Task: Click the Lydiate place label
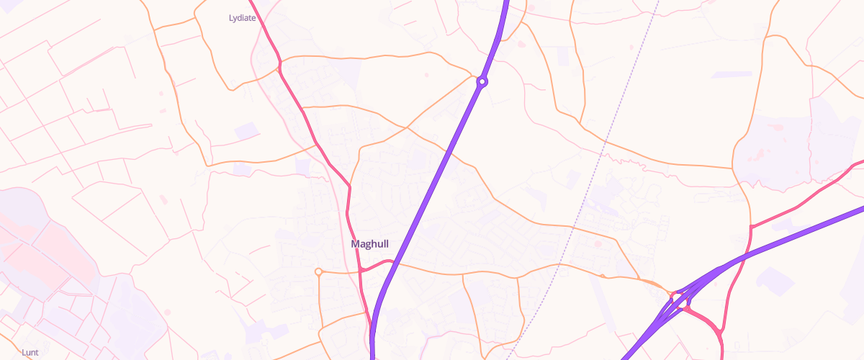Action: tap(242, 18)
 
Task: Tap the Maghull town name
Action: tap(369, 244)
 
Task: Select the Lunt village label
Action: tap(30, 352)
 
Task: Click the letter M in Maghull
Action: tap(355, 244)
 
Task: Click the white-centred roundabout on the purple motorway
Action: tap(482, 82)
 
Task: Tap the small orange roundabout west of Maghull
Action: tap(318, 271)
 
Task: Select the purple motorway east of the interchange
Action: tap(806, 229)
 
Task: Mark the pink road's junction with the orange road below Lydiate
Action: tap(279, 69)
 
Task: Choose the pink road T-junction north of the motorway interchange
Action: tap(751, 227)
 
